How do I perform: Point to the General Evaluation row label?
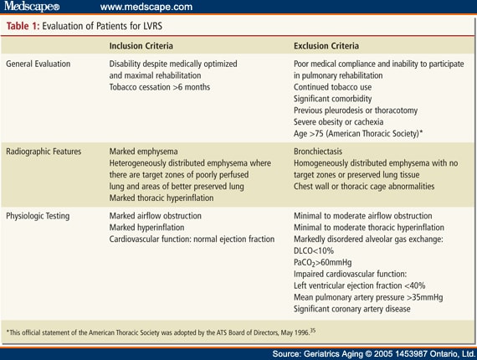point(38,64)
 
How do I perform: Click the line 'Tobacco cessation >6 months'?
point(159,87)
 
